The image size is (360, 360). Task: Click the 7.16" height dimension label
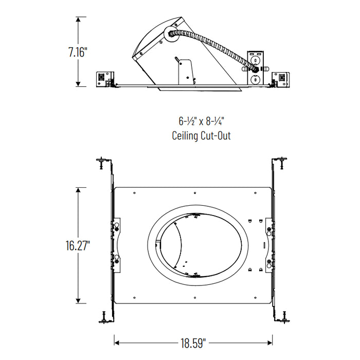click(x=78, y=52)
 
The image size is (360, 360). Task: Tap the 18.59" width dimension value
click(x=193, y=341)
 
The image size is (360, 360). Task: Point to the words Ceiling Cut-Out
click(x=201, y=136)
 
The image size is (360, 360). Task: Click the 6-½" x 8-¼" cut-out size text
click(x=202, y=121)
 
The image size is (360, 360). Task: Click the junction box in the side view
click(x=255, y=67)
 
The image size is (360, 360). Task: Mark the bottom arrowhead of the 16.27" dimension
click(x=78, y=301)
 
